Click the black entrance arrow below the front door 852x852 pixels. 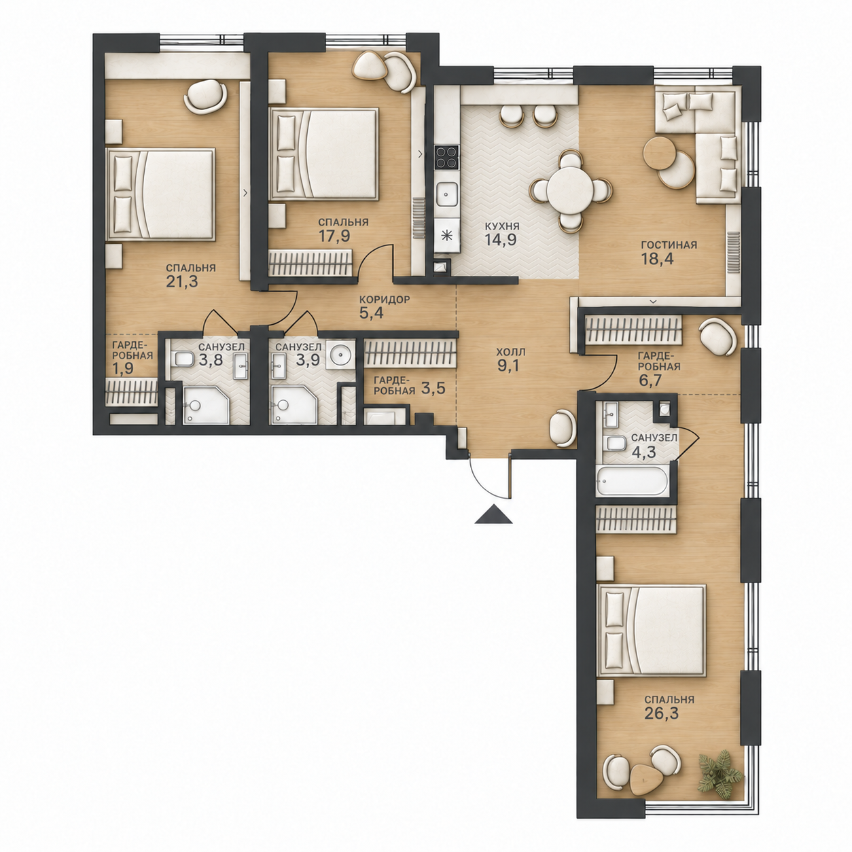tap(493, 515)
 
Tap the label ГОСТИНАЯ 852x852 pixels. tap(669, 245)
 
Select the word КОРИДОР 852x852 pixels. tap(384, 300)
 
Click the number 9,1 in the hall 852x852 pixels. tap(510, 366)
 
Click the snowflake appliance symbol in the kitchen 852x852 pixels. tap(446, 236)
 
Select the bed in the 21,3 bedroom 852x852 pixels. tap(160, 194)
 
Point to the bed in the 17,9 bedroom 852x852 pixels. tap(323, 154)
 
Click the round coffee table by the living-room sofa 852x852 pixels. tap(660, 153)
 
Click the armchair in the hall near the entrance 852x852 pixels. tap(562, 427)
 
